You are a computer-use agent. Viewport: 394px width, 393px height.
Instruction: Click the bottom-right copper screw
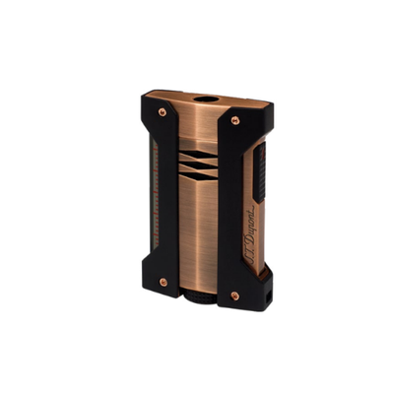click(x=233, y=292)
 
